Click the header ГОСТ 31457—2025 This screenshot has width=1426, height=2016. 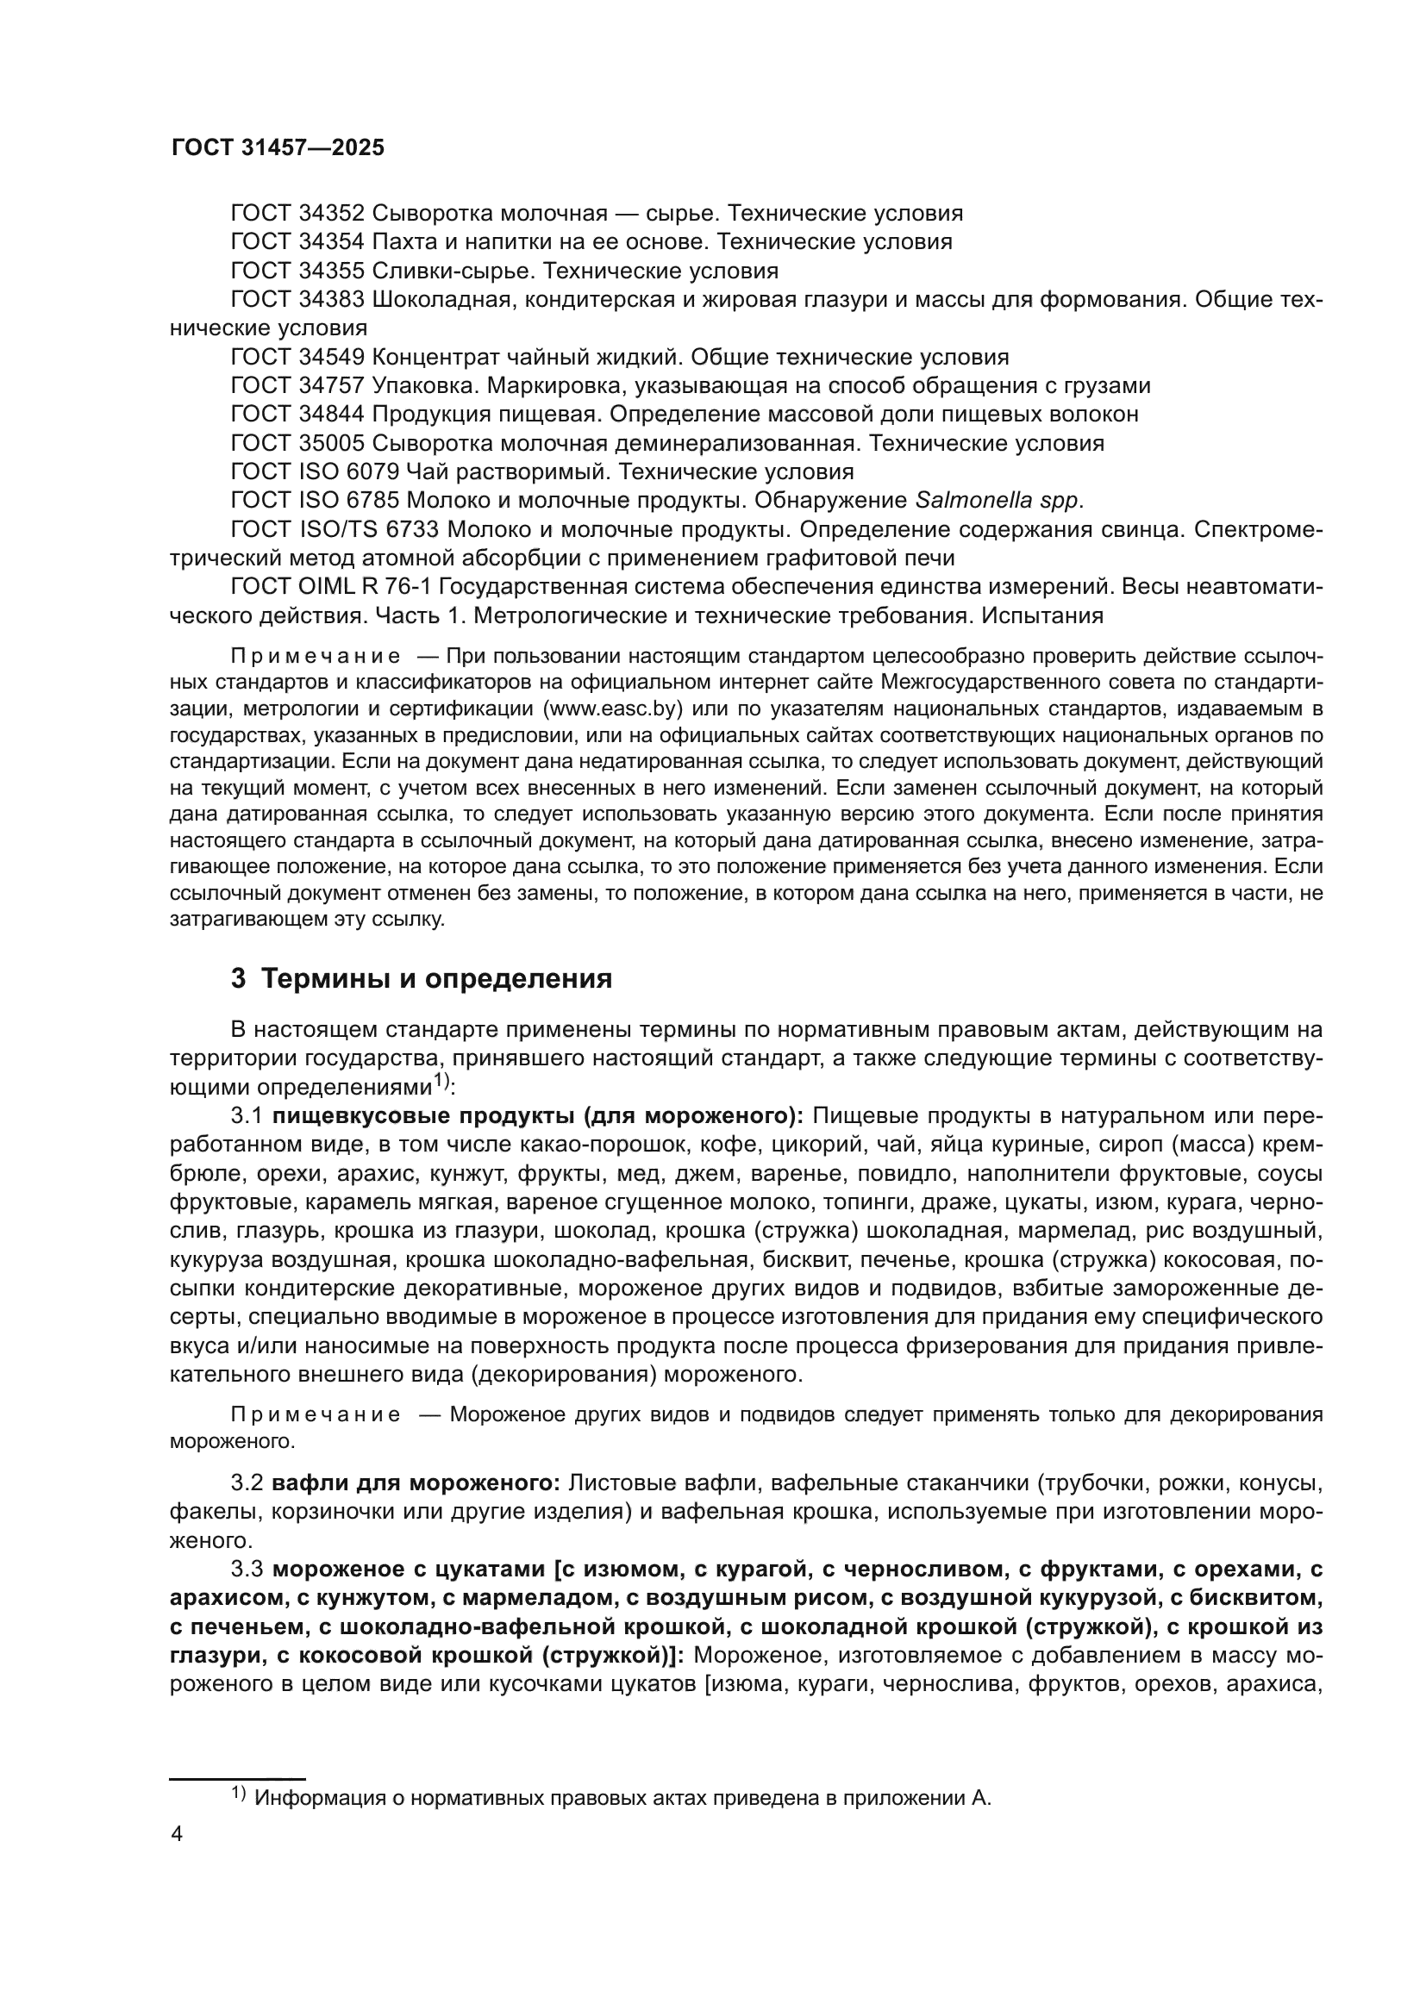tap(278, 147)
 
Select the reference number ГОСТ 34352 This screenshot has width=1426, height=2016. tap(297, 214)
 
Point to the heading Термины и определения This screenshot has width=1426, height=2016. tap(436, 979)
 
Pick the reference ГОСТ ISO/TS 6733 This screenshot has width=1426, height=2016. tap(337, 529)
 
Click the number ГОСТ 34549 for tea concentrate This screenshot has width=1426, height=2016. tap(297, 358)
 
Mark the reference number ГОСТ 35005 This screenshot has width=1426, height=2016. tap(297, 443)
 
